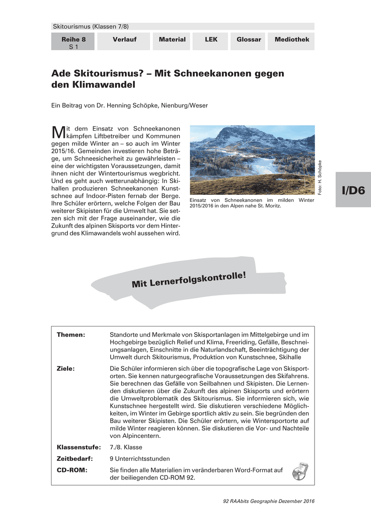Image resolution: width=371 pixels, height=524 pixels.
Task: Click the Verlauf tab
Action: (x=124, y=40)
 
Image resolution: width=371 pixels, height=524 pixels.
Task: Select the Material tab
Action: (x=172, y=40)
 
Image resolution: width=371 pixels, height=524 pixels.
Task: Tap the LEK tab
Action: (x=211, y=40)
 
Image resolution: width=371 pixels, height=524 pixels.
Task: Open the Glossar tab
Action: (x=248, y=40)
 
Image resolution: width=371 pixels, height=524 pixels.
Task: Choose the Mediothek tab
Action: (x=292, y=40)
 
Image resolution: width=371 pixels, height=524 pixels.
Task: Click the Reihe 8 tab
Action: (x=73, y=42)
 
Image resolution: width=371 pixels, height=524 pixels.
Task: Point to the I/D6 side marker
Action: (x=353, y=190)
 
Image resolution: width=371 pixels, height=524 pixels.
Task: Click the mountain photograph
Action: (x=252, y=160)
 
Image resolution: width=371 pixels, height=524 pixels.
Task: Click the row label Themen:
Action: (x=70, y=335)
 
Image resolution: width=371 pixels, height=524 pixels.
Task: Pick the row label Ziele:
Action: (x=66, y=368)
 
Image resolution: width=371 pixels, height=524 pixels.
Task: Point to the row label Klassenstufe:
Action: (x=79, y=448)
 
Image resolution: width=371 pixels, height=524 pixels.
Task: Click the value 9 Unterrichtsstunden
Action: (x=140, y=459)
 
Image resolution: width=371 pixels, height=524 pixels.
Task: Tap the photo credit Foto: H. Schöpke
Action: (x=320, y=178)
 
